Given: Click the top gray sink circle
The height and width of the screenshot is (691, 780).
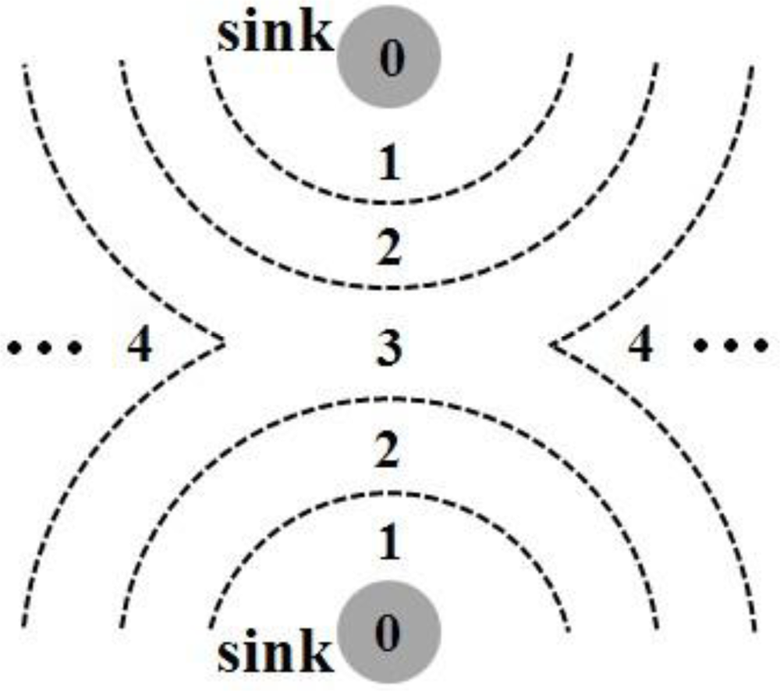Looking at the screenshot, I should tap(388, 56).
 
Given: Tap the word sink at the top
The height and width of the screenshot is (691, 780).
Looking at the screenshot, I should tap(275, 35).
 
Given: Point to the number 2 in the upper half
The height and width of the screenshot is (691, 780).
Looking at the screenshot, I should tap(388, 250).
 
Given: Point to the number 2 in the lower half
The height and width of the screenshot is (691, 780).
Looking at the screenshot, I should tap(388, 452).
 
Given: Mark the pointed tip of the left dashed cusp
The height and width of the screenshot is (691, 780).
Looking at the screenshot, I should tap(225, 342).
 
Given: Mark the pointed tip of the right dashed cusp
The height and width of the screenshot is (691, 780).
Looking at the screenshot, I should tap(552, 344).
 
